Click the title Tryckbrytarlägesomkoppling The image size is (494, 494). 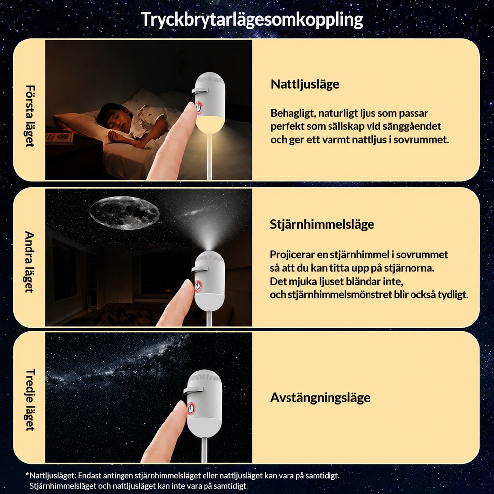pyautogui.click(x=252, y=20)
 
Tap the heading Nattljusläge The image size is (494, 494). pyautogui.click(x=305, y=84)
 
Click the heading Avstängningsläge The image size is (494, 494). pyautogui.click(x=320, y=398)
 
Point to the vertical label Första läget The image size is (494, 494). pyautogui.click(x=29, y=116)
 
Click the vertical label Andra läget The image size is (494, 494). pyautogui.click(x=29, y=262)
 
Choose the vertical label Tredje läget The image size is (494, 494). pyautogui.click(x=29, y=400)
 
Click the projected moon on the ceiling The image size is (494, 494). pyautogui.click(x=124, y=212)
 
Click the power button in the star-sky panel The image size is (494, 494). pyautogui.click(x=198, y=286)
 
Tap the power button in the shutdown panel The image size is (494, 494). pyautogui.click(x=190, y=409)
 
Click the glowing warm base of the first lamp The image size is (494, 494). pyautogui.click(x=209, y=123)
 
